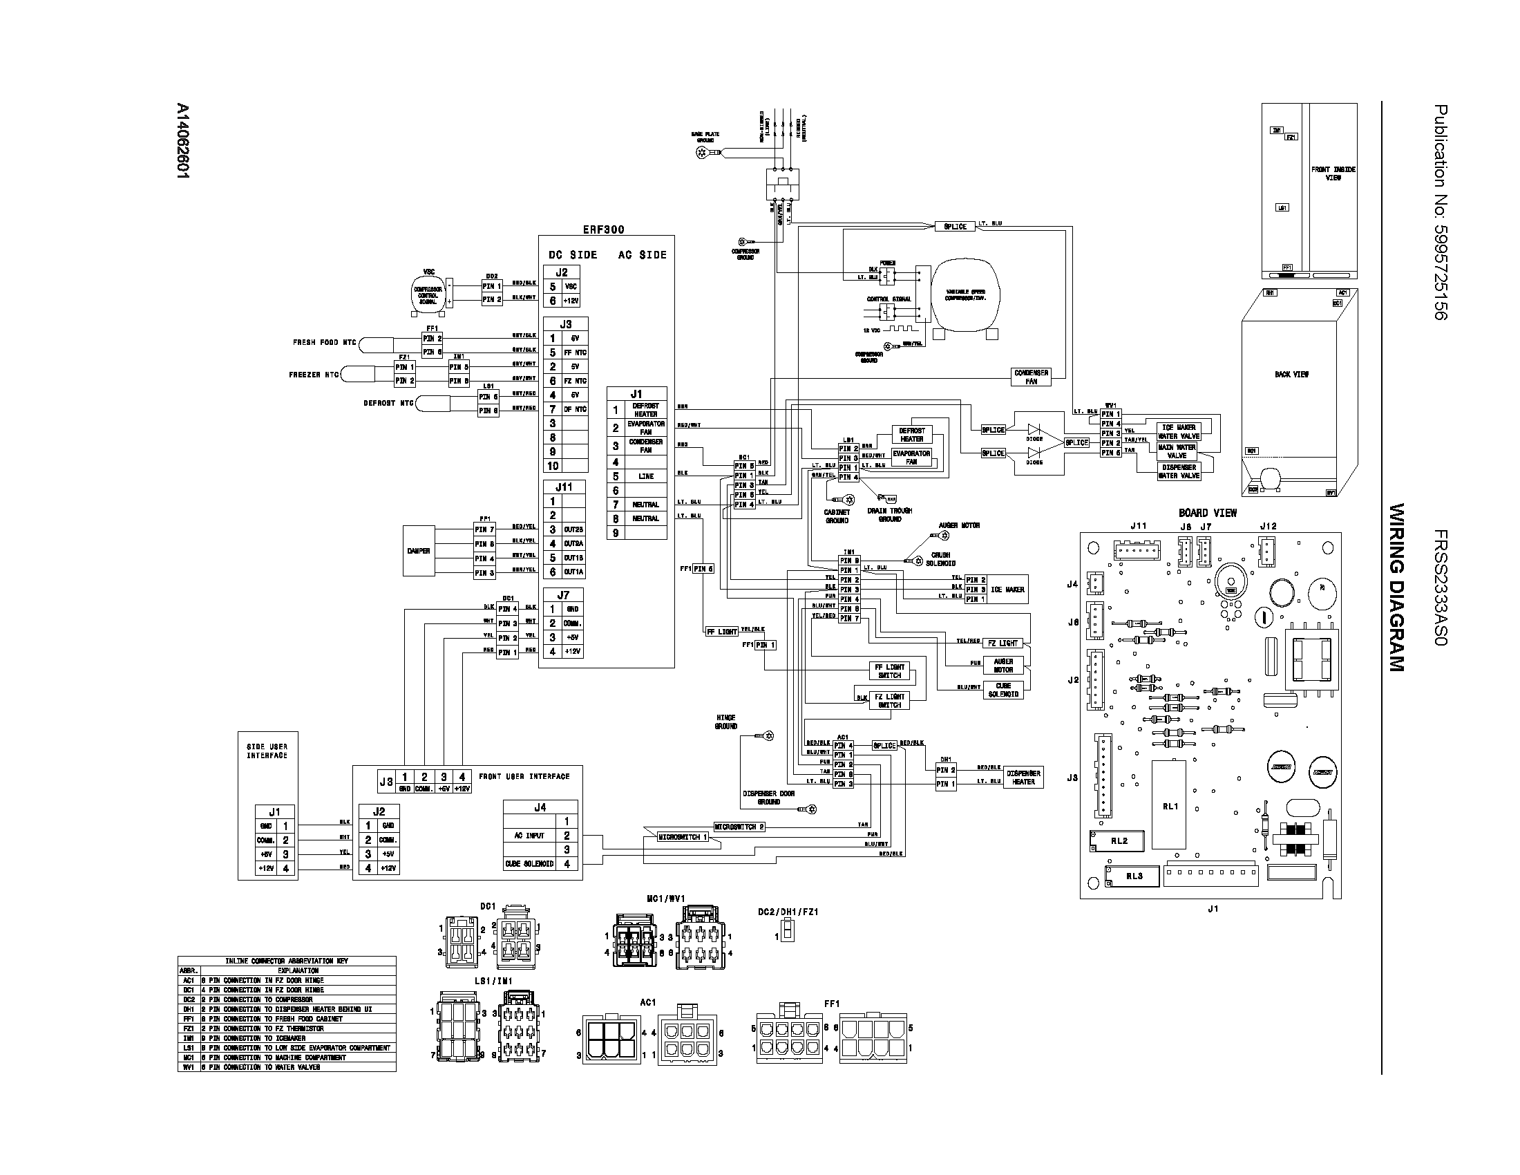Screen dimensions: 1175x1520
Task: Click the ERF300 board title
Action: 603,229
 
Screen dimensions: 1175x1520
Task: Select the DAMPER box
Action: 418,551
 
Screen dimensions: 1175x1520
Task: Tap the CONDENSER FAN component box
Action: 1031,377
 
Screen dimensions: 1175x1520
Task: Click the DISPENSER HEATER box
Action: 1023,778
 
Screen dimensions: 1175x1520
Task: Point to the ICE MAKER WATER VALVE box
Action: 1178,431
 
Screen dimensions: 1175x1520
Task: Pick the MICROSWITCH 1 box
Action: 683,837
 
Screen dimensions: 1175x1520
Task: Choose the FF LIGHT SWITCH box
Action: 889,671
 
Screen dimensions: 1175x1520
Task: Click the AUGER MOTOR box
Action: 1003,666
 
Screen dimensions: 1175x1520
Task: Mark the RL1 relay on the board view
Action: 1169,805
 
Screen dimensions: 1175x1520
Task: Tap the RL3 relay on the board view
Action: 1134,876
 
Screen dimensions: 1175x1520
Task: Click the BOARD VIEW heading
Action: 1208,513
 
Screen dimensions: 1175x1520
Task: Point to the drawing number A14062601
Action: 182,142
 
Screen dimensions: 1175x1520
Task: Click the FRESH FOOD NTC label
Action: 324,342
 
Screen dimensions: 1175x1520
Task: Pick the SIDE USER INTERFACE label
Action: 267,751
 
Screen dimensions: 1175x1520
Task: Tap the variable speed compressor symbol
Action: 965,295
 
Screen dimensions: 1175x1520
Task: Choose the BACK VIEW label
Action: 1292,375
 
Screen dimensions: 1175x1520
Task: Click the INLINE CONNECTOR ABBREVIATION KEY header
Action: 286,961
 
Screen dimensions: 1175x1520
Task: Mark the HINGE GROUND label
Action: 725,722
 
